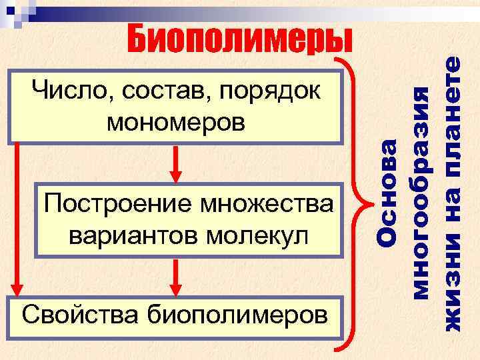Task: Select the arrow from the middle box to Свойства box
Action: pyautogui.click(x=176, y=277)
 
